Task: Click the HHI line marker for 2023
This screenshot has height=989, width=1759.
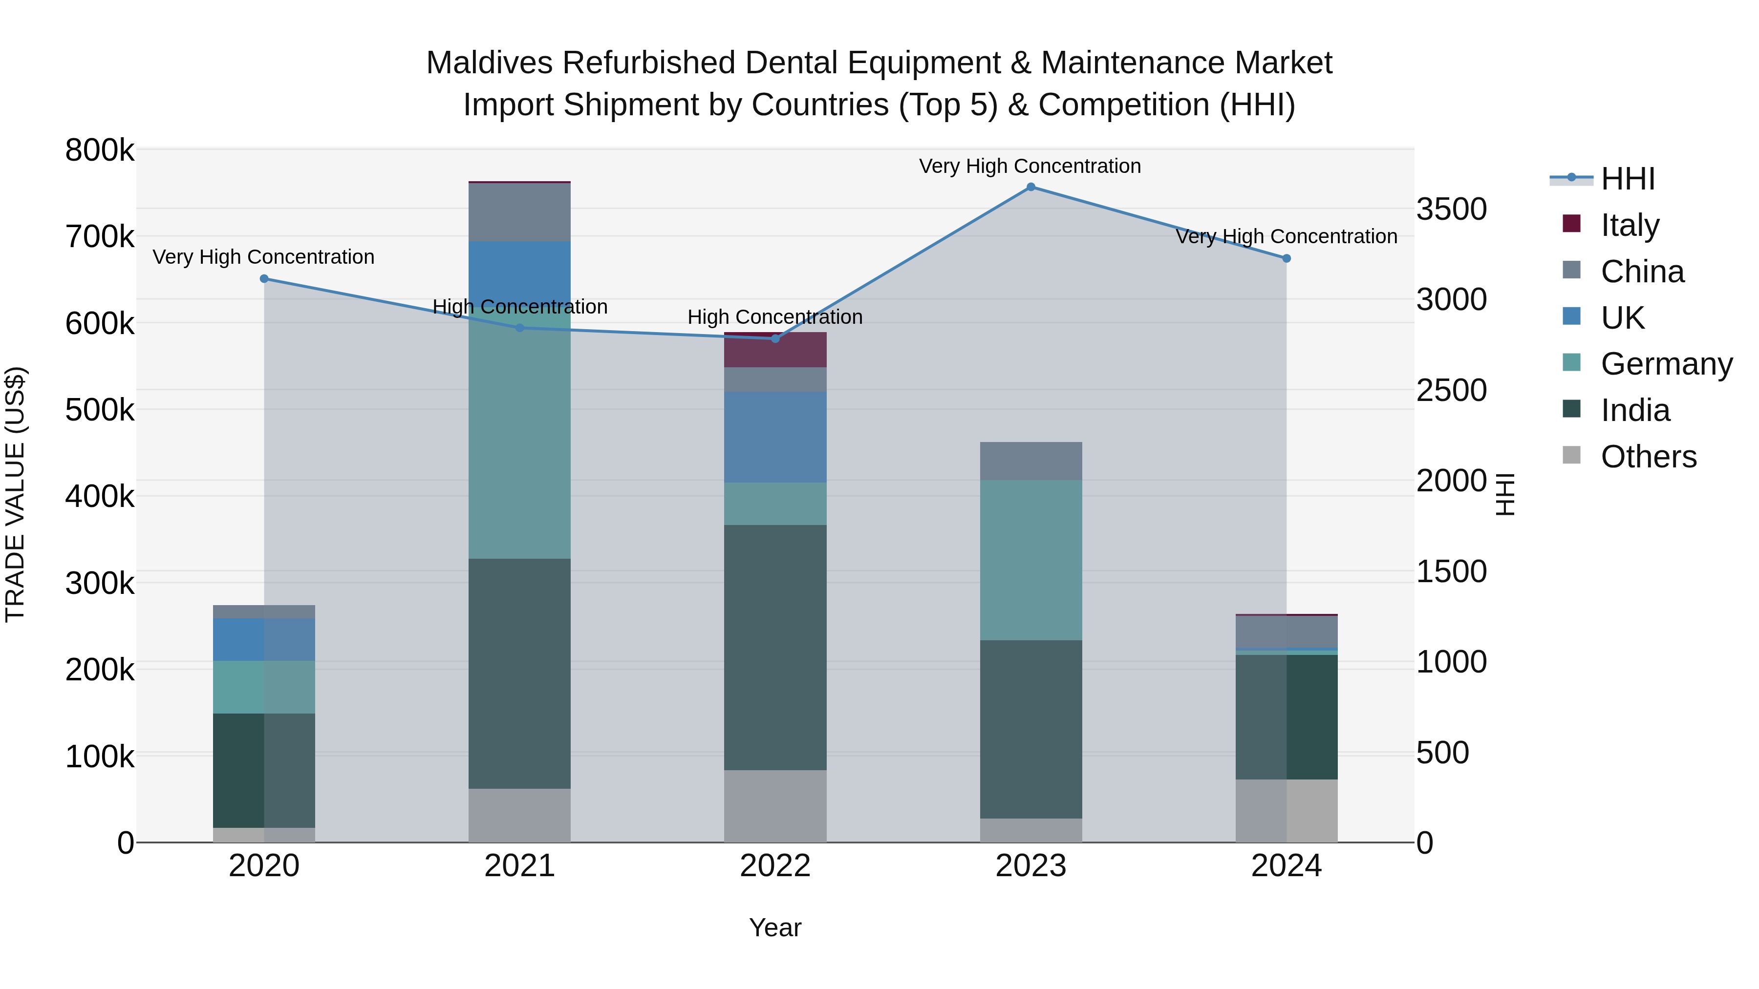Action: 1031,187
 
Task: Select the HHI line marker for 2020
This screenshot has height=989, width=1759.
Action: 264,278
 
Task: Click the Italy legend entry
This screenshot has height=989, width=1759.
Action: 1629,225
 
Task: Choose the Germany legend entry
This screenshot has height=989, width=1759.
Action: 1666,364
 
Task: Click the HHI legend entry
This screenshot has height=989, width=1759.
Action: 1627,179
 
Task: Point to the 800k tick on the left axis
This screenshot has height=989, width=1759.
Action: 100,150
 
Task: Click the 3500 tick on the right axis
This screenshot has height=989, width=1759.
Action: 1452,209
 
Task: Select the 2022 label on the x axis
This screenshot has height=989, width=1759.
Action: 775,866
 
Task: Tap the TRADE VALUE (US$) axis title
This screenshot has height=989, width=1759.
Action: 15,494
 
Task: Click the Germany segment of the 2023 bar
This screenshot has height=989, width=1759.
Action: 1031,560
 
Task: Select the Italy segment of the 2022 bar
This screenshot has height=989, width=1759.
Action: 775,351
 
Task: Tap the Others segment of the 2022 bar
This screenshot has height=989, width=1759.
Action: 775,806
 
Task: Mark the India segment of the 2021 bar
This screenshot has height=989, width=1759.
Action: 520,673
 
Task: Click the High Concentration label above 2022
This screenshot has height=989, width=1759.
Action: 775,317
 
